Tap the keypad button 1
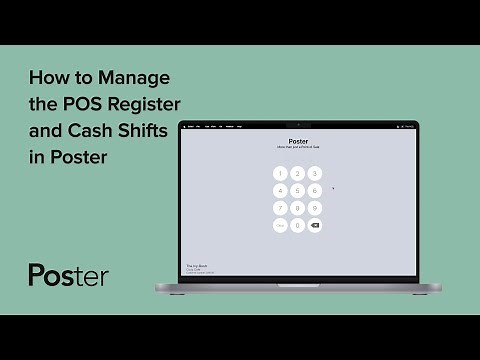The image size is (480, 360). tap(280, 173)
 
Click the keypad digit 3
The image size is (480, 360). tap(315, 173)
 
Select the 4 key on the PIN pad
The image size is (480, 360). tap(280, 190)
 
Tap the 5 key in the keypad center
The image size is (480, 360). tap(298, 190)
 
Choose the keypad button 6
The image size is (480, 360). tap(315, 190)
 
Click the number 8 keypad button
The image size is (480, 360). tap(298, 208)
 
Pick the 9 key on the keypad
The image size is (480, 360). tap(315, 208)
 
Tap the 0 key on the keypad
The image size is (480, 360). tap(298, 226)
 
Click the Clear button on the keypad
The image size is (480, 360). tap(280, 226)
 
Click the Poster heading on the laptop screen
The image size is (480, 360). tap(298, 142)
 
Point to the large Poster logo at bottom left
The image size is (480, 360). tap(68, 275)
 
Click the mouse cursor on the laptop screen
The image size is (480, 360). tap(333, 187)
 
